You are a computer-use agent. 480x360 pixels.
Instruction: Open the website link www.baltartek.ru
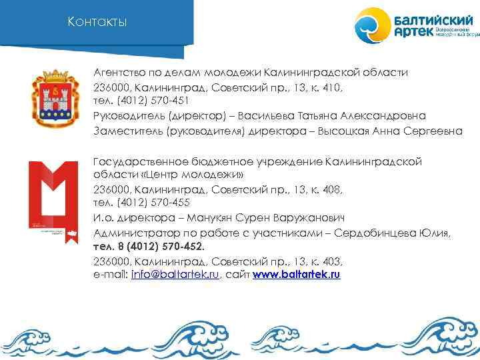point(297,275)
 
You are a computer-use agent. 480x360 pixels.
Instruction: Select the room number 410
point(329,87)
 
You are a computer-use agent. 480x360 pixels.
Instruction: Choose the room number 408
point(329,189)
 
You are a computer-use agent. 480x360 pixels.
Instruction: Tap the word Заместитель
point(125,131)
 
